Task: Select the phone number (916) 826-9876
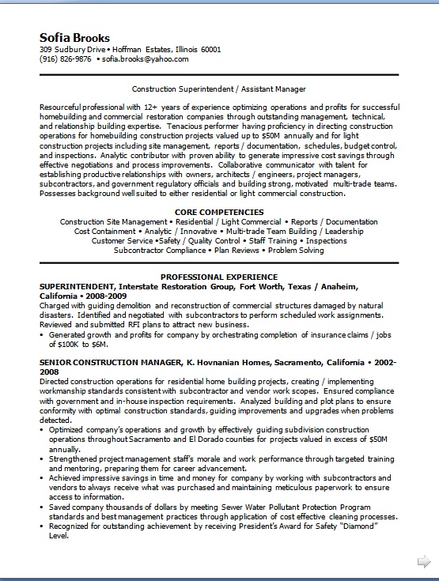pos(66,59)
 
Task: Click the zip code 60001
pos(210,49)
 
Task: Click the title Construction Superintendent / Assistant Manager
pos(218,89)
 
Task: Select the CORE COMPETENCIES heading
pos(218,212)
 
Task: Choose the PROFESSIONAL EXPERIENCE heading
pos(218,277)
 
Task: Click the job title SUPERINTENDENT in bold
pos(77,285)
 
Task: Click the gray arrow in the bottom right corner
pos(423,560)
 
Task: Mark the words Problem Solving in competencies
pos(296,250)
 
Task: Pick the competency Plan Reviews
pos(235,250)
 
